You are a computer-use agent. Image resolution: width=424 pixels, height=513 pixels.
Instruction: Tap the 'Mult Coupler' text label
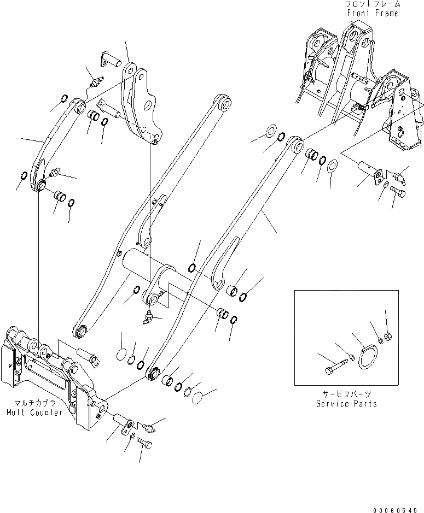click(x=35, y=412)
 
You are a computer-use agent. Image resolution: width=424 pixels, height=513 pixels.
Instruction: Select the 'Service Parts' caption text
click(x=346, y=404)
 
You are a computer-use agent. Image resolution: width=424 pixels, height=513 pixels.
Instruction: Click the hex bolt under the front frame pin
click(x=398, y=193)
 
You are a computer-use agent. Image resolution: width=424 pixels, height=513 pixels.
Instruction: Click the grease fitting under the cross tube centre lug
click(x=148, y=317)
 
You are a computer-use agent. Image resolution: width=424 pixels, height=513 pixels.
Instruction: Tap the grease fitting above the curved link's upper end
click(x=95, y=83)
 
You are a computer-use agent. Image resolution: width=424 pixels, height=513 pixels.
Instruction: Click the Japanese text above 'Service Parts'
click(x=346, y=394)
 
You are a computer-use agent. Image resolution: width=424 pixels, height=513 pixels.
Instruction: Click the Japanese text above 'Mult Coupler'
click(x=34, y=403)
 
